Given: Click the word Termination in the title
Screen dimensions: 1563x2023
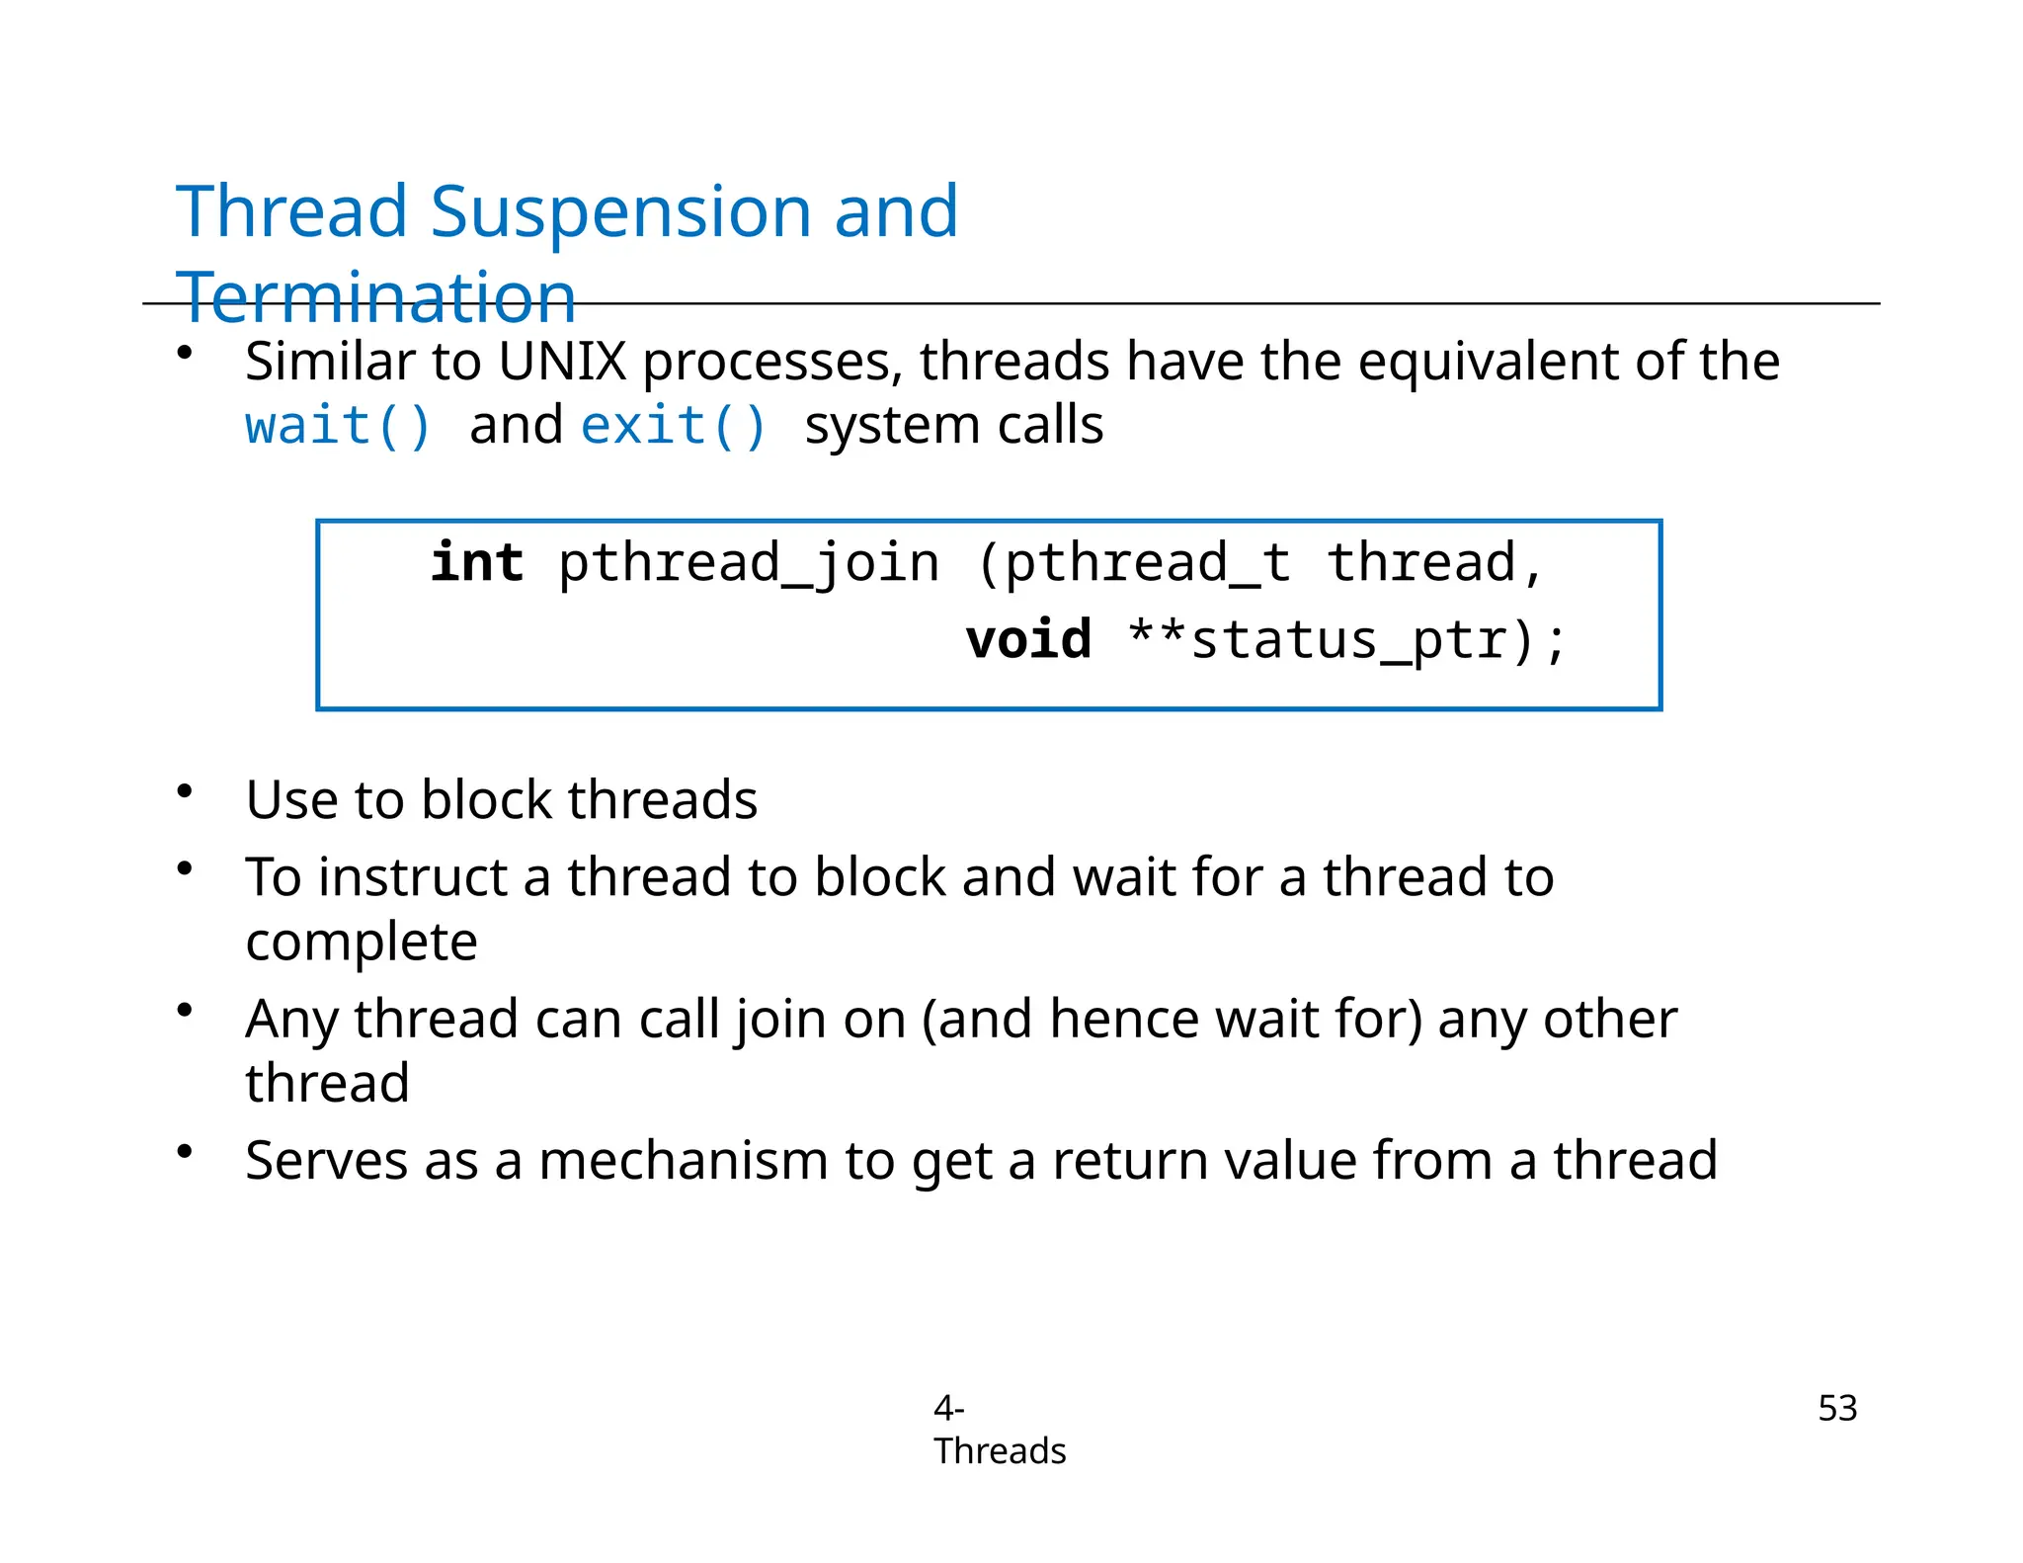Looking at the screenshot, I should point(375,297).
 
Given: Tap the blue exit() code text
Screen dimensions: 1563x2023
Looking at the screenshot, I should point(674,426).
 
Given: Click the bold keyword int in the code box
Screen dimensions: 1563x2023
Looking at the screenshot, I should point(477,563).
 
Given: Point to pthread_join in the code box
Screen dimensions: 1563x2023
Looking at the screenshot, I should point(748,563).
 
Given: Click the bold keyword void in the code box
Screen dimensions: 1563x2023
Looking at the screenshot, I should point(1028,639).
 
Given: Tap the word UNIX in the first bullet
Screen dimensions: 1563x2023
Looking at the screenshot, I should point(562,362).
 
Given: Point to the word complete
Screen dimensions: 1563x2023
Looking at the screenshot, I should point(362,942).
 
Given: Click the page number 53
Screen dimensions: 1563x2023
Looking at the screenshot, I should point(1836,1408).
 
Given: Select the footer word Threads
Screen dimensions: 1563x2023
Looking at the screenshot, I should point(1000,1451).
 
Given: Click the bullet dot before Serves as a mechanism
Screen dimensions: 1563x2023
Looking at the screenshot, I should point(185,1151).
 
